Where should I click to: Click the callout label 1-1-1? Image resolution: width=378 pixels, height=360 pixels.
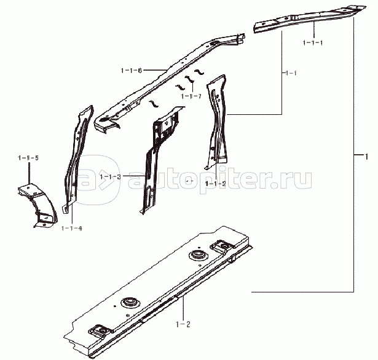[x=313, y=43]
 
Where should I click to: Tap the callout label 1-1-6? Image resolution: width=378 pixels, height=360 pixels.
[x=132, y=71]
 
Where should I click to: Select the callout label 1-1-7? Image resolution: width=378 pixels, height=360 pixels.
[x=190, y=95]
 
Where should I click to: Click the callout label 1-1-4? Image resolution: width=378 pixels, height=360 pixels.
[x=72, y=228]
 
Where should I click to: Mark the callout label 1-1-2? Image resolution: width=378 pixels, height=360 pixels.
[x=216, y=184]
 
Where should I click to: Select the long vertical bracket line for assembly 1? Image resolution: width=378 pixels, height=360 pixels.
[x=354, y=154]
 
